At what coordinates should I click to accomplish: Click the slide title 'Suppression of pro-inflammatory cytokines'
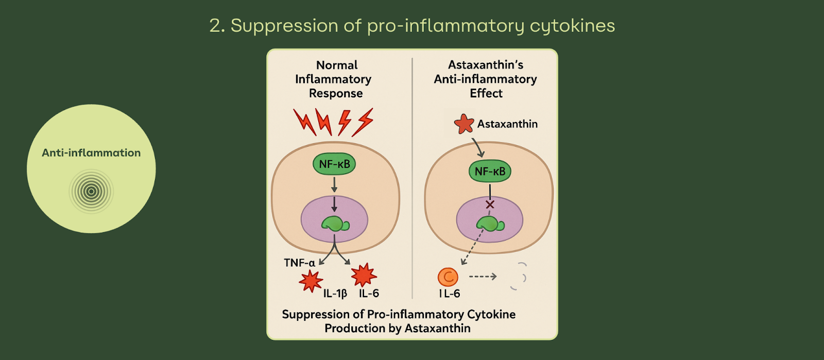tap(412, 25)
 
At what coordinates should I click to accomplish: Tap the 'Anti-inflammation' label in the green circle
tap(91, 153)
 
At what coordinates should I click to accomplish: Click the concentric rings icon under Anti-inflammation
tap(91, 192)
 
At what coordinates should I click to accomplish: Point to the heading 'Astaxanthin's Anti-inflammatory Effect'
tap(486, 79)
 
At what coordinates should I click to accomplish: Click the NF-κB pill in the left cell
tap(334, 164)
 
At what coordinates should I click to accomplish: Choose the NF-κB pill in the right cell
tap(490, 172)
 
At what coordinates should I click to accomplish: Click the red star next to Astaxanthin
tap(463, 124)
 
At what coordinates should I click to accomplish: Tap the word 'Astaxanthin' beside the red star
tap(507, 124)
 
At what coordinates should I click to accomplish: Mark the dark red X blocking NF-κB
tap(490, 204)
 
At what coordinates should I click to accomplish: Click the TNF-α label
tap(299, 263)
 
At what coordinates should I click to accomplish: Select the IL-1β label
tap(335, 294)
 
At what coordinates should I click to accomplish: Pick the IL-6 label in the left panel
tap(369, 294)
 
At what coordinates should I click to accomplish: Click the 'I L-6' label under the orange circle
tap(450, 294)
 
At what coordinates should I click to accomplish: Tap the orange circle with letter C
tap(448, 277)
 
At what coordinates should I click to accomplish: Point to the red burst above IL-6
tap(364, 275)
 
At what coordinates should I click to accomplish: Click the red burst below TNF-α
tap(311, 281)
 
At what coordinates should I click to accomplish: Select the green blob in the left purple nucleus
tap(335, 224)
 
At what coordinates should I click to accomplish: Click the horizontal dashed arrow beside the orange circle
tap(483, 277)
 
